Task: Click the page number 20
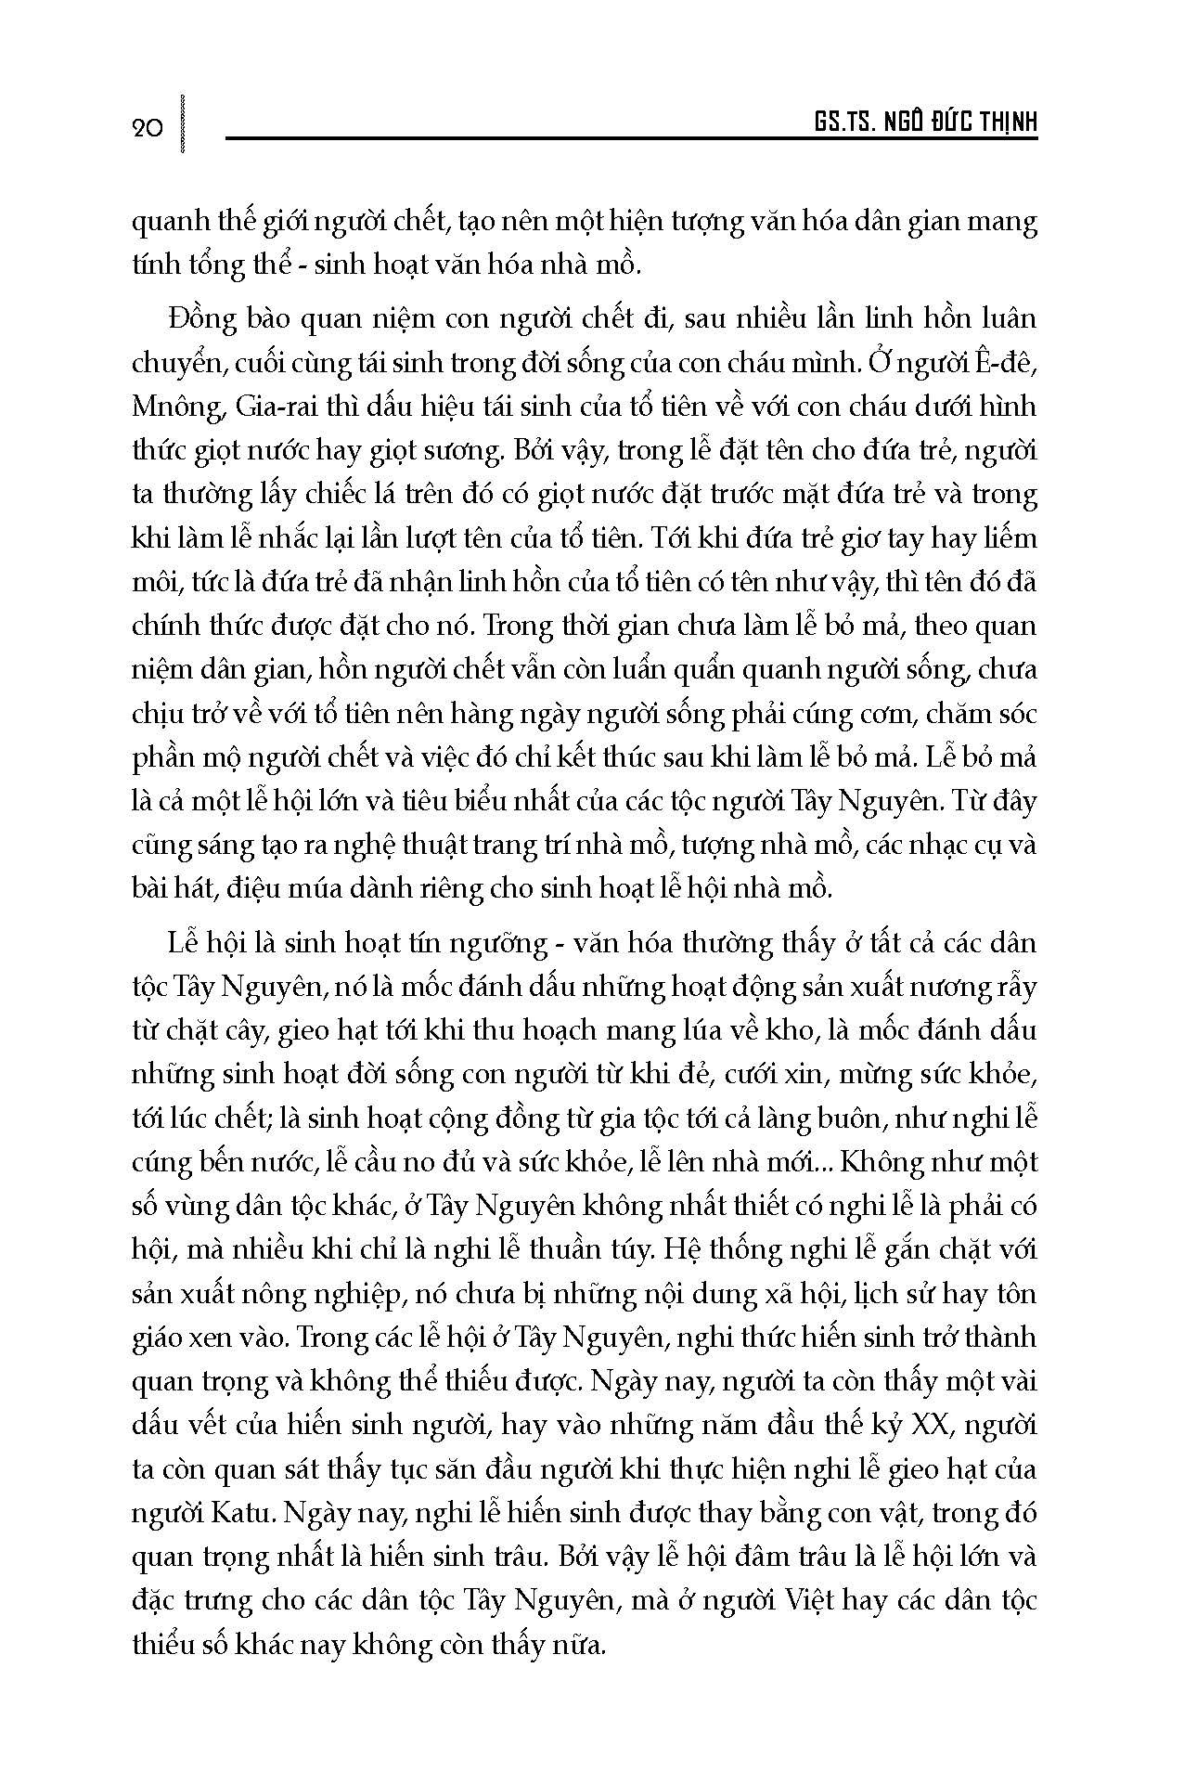[148, 127]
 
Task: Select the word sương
[462, 451]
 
